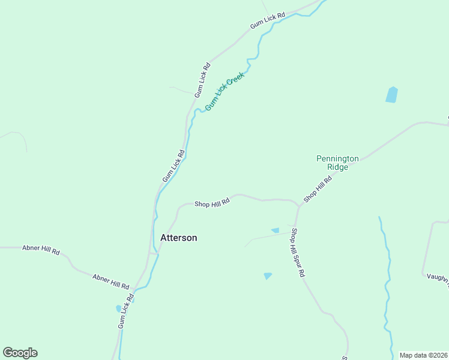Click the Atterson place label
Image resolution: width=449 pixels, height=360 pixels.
click(178, 238)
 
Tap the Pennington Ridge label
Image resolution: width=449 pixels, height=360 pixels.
click(337, 163)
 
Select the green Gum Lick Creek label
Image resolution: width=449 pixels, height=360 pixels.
click(224, 92)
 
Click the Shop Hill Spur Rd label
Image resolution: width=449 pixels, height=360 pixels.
click(298, 252)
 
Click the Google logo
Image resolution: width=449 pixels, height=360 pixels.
click(20, 353)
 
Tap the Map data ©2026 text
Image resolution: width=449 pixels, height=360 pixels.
click(423, 355)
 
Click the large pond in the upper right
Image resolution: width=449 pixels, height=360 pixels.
click(391, 95)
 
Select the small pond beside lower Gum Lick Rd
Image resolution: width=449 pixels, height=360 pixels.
click(118, 308)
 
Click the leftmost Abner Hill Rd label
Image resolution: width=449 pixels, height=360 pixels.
click(41, 250)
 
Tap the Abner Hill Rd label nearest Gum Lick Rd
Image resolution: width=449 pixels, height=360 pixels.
click(111, 281)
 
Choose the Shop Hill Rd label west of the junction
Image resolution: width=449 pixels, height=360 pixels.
click(212, 204)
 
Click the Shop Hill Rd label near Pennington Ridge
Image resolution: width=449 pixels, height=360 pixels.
click(318, 189)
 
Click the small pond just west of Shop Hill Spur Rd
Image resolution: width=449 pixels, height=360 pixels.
click(275, 230)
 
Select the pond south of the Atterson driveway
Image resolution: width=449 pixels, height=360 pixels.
click(267, 276)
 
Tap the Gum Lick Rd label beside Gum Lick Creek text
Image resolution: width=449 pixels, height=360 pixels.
click(202, 80)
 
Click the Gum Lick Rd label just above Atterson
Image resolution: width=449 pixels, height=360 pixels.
click(173, 166)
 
